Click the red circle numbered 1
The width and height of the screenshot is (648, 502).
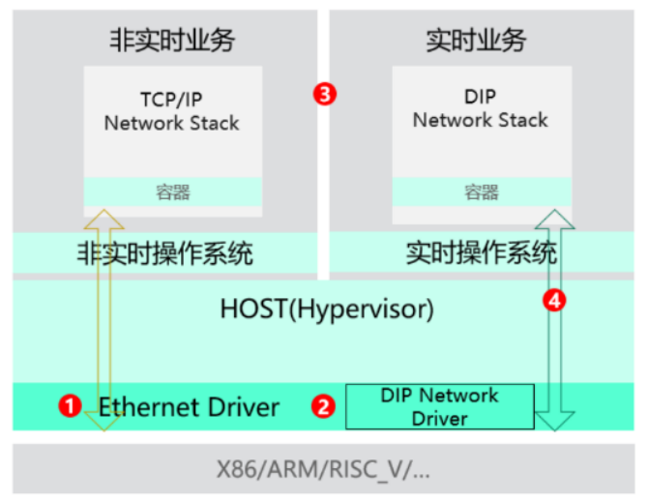point(70,406)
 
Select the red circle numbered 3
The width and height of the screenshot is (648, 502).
point(326,94)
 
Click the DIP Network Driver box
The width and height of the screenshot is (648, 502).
point(439,407)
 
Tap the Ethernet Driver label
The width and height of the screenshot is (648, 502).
point(190,406)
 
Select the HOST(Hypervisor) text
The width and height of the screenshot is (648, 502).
point(327,310)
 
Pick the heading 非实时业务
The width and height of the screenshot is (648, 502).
point(172,40)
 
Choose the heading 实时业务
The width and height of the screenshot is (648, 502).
point(477,40)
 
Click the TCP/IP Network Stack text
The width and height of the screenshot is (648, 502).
point(172,110)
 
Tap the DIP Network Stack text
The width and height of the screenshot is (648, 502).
point(480,108)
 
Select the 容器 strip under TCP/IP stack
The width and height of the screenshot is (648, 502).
point(172,191)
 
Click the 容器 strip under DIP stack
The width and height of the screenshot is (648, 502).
point(480,191)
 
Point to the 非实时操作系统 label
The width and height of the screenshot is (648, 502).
point(164,254)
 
